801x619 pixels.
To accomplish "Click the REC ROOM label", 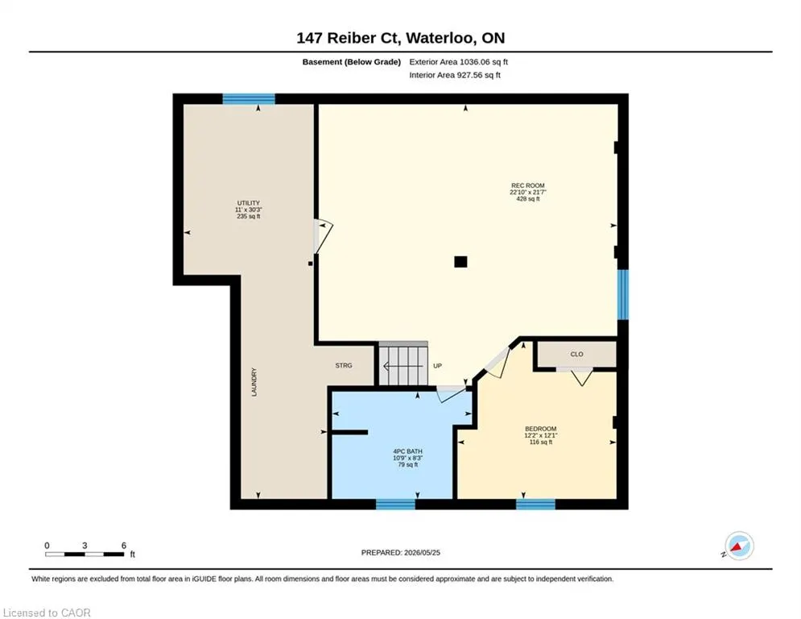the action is [x=528, y=185].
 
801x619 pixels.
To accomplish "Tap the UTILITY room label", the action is [x=248, y=203].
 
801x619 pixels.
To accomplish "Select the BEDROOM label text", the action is [x=540, y=429].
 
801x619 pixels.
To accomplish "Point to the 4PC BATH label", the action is [x=407, y=451].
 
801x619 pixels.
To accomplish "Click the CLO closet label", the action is [x=576, y=354].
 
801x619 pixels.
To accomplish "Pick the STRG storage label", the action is [x=344, y=365].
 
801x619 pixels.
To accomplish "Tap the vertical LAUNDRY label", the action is [x=254, y=382].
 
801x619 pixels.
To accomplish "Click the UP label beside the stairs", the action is [x=437, y=366].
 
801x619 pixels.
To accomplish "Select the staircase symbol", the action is [x=403, y=364].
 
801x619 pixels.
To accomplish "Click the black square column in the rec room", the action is [x=460, y=262].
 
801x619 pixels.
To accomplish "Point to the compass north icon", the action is [x=739, y=546].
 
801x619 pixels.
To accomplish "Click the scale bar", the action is [x=85, y=554].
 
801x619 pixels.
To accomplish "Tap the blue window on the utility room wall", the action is [x=249, y=98].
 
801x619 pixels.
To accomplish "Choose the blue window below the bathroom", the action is [x=395, y=505].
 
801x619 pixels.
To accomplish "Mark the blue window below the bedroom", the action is [x=535, y=505].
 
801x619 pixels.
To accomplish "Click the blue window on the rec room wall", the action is [x=623, y=295].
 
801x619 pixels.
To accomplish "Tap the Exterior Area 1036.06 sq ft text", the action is [x=458, y=62].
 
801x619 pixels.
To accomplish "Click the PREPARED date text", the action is [x=401, y=552].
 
